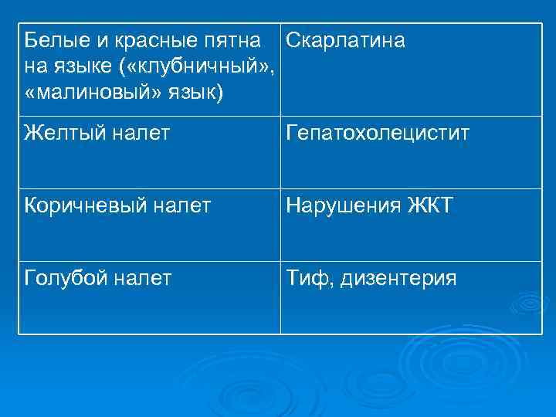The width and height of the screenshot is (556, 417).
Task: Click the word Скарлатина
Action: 345,40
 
